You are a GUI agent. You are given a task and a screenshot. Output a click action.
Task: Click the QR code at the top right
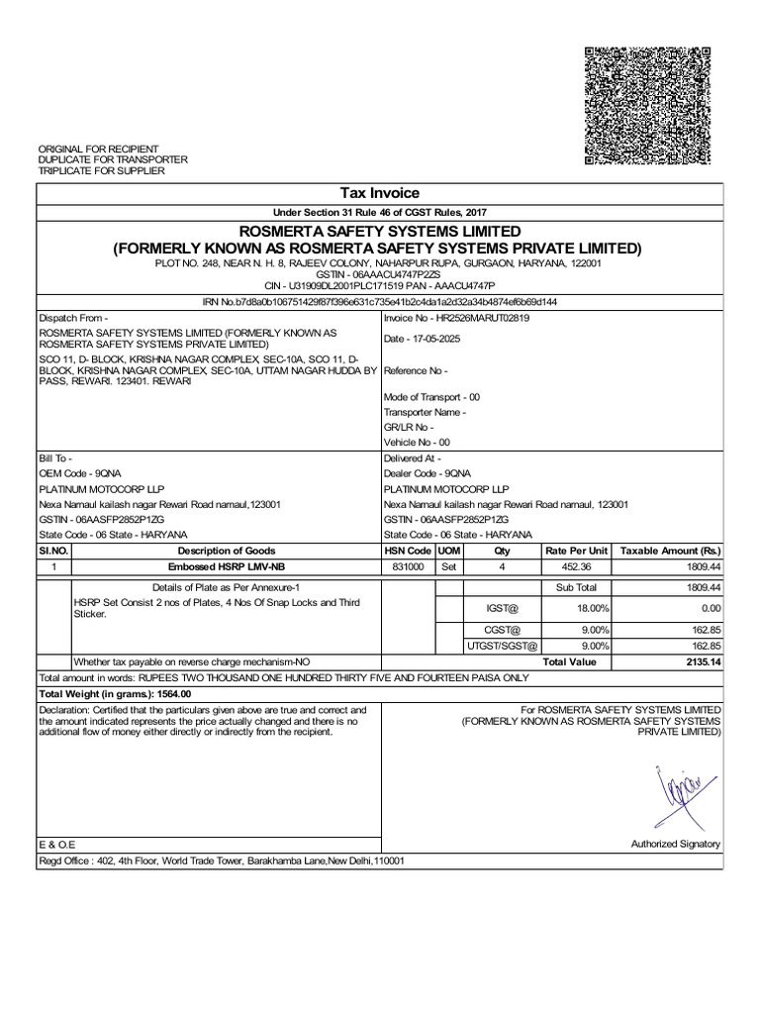pyautogui.click(x=648, y=106)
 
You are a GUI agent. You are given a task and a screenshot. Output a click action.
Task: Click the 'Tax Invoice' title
pyautogui.click(x=380, y=193)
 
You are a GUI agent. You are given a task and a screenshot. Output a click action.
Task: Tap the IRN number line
pyautogui.click(x=380, y=302)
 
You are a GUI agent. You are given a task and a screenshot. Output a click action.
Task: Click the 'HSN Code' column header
pyautogui.click(x=408, y=551)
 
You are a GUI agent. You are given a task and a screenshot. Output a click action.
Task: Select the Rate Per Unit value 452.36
pyautogui.click(x=576, y=567)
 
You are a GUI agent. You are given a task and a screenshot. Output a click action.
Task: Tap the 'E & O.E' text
pyautogui.click(x=56, y=844)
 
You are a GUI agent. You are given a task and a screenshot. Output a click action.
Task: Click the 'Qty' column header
pyautogui.click(x=502, y=551)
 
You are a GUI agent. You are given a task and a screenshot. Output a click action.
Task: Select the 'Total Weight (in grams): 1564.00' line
pyautogui.click(x=114, y=693)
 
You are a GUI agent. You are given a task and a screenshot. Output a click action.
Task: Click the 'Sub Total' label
pyautogui.click(x=576, y=587)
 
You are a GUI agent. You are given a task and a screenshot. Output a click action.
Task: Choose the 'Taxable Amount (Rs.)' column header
pyautogui.click(x=669, y=551)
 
